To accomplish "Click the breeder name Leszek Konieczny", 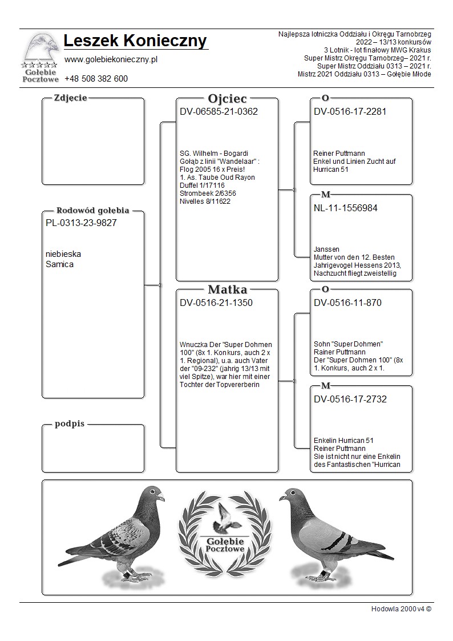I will (x=135, y=41).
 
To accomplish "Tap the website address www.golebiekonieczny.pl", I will (x=111, y=59).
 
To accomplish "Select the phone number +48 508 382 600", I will (x=96, y=79).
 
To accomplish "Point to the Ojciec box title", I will (x=227, y=98).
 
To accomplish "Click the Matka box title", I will (x=227, y=289).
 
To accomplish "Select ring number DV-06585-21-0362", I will (x=219, y=112).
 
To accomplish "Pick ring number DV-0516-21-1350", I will (x=216, y=303).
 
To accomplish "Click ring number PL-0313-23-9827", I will (x=81, y=223).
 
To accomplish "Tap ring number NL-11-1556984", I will (x=345, y=208).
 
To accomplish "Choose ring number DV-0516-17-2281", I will (x=350, y=112).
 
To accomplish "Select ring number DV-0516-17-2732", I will (x=350, y=400).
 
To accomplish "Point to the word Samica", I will (x=59, y=264).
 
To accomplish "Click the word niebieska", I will (x=63, y=254).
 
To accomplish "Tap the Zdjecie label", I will (x=70, y=98).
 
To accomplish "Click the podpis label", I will (x=70, y=424).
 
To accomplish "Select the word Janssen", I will (x=326, y=249).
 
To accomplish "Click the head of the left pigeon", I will (x=153, y=494).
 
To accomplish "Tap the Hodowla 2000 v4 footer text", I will (x=401, y=608).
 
